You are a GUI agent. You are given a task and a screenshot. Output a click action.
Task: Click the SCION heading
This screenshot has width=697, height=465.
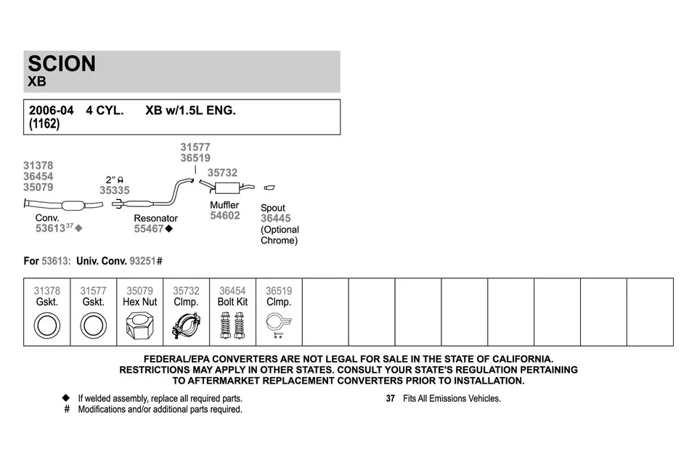(62, 64)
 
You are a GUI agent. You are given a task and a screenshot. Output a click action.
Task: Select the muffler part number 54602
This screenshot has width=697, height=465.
(225, 216)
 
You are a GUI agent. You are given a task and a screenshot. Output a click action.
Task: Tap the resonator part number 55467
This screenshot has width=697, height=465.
(149, 229)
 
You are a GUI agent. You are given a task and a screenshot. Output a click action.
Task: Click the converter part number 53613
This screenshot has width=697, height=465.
(50, 228)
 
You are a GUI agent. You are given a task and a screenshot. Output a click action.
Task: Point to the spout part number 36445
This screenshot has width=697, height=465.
(275, 219)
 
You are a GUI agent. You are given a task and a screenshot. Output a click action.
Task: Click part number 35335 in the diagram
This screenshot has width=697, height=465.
(115, 190)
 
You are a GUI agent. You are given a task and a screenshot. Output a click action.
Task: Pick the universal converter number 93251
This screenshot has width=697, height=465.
(142, 261)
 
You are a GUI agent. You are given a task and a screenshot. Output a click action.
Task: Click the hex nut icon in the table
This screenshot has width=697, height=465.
(139, 325)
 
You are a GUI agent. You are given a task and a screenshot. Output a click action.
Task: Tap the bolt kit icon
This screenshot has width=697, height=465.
(232, 325)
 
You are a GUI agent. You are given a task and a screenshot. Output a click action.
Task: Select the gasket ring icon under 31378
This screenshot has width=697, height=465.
(47, 325)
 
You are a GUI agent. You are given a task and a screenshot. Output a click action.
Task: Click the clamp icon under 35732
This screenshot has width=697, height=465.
(186, 325)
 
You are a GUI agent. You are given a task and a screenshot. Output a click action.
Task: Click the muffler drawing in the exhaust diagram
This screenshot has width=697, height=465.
(225, 189)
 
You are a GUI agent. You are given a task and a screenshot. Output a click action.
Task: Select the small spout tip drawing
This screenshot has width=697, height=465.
(269, 188)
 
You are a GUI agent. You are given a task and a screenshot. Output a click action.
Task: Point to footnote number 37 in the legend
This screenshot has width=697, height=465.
(390, 399)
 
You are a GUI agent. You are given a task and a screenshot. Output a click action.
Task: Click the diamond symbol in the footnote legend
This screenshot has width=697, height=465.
(66, 398)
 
